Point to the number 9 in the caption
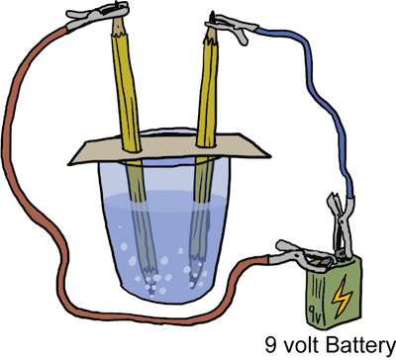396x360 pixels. coord(269,345)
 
